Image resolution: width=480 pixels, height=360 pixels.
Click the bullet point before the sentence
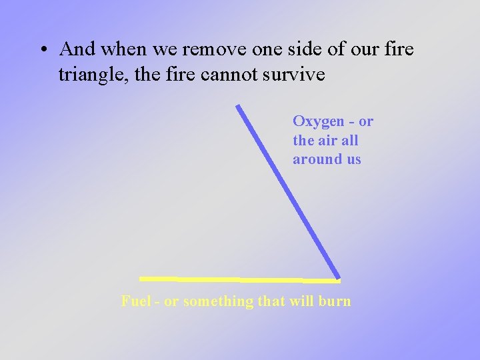click(43, 50)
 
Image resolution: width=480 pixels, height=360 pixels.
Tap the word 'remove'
click(215, 50)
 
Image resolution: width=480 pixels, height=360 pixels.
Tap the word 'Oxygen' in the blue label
click(319, 122)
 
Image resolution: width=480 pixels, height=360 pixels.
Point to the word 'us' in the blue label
click(353, 159)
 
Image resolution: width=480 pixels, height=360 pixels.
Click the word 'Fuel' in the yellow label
click(137, 301)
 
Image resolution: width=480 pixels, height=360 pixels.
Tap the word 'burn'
click(335, 301)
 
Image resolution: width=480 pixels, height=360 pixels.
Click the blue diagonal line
click(288, 192)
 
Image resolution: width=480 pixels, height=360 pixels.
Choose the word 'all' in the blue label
click(350, 141)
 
